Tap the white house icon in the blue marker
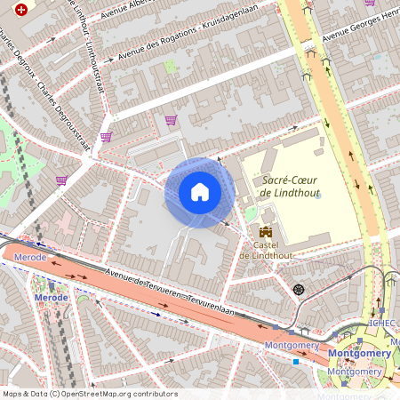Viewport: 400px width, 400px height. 200,192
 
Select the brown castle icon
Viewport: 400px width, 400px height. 264,231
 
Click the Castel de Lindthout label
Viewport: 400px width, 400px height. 265,250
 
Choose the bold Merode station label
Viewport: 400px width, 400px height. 51,297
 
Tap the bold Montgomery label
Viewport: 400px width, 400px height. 359,353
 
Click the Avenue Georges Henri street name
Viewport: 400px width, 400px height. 360,28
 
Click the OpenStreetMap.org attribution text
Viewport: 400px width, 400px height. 120,394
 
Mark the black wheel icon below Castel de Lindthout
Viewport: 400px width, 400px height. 298,289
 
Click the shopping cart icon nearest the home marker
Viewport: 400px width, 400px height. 171,120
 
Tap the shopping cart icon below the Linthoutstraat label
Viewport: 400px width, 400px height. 106,137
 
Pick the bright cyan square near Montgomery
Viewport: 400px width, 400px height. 296,361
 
